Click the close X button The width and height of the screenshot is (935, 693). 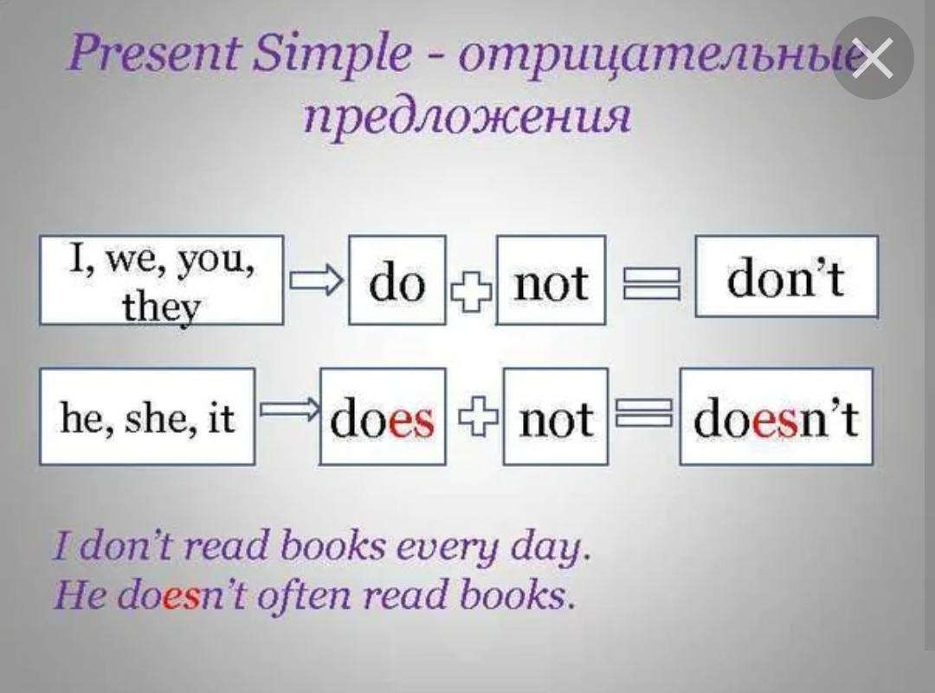coord(873,58)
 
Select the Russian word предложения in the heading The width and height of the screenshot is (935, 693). coord(467,115)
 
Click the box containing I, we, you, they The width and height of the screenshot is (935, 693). coord(162,280)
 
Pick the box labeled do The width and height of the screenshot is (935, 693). coord(397,280)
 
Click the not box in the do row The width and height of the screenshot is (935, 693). coord(551,280)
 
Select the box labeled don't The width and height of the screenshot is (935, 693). coord(786,276)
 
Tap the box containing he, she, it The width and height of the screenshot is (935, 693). coord(147,416)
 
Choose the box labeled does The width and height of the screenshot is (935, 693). coord(383,416)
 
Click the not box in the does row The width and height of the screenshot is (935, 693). coord(556,416)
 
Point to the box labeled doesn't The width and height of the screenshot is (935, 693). coord(777,416)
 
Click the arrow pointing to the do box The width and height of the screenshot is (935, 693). coord(317,280)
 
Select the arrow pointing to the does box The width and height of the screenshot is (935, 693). coord(289,410)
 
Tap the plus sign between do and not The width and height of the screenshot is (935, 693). coord(471,292)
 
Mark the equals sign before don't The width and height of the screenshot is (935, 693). coord(651,283)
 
